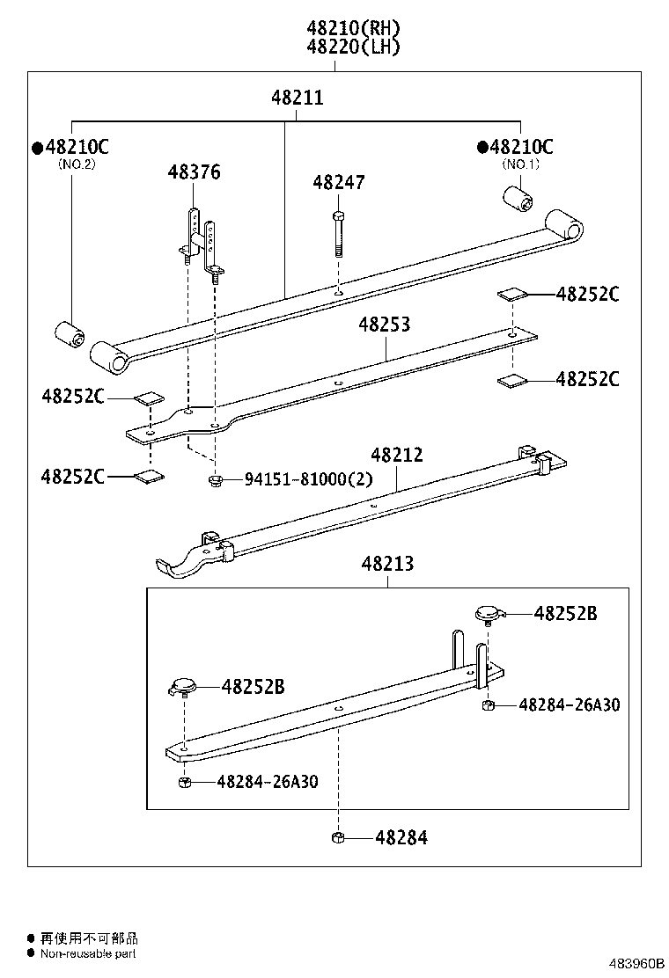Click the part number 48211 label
click(297, 99)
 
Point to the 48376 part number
click(194, 172)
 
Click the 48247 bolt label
click(339, 183)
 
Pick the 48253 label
click(384, 325)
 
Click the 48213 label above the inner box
click(386, 563)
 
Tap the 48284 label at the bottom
click(401, 838)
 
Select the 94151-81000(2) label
click(308, 479)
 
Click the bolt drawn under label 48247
click(338, 233)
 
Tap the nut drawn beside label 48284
click(337, 837)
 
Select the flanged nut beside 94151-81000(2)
click(213, 479)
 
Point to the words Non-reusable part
click(88, 953)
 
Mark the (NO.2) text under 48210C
click(76, 164)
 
